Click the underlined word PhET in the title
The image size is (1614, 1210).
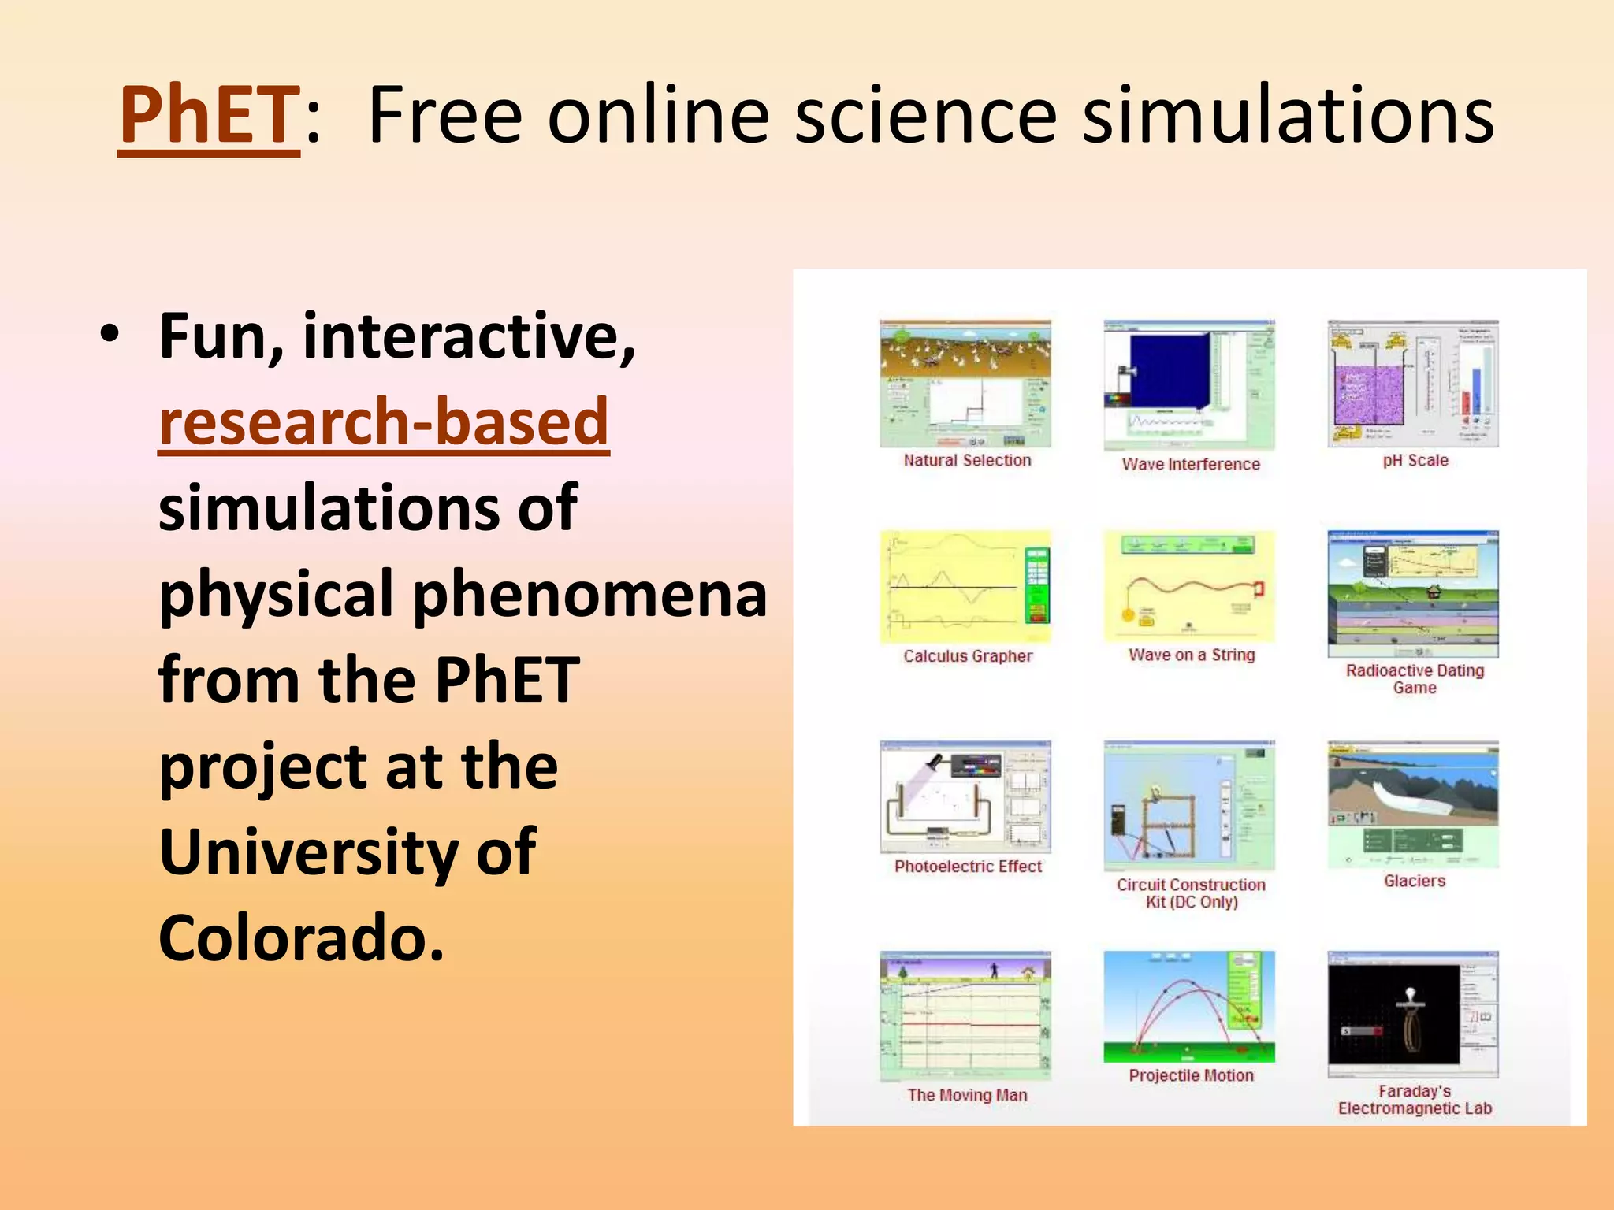pos(209,117)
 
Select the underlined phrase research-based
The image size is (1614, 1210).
pos(384,422)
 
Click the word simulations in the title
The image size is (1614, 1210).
pos(1288,117)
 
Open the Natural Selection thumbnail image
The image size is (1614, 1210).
pos(965,384)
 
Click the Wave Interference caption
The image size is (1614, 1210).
pos(1191,465)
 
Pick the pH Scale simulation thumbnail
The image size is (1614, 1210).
pos(1413,384)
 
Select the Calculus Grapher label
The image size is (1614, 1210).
pos(968,656)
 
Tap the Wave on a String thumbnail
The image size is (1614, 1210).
pos(1189,587)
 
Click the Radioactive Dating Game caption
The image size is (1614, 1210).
pos(1415,679)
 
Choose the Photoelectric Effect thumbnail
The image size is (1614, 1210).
pos(965,796)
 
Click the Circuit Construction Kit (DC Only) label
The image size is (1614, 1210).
pos(1191,893)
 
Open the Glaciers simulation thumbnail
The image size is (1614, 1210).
pos(1413,804)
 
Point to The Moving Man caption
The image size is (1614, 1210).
pos(967,1095)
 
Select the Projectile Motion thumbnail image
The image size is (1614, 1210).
pos(1189,1007)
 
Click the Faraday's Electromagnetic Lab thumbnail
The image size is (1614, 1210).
pos(1413,1015)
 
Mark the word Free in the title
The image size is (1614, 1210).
pos(445,117)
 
